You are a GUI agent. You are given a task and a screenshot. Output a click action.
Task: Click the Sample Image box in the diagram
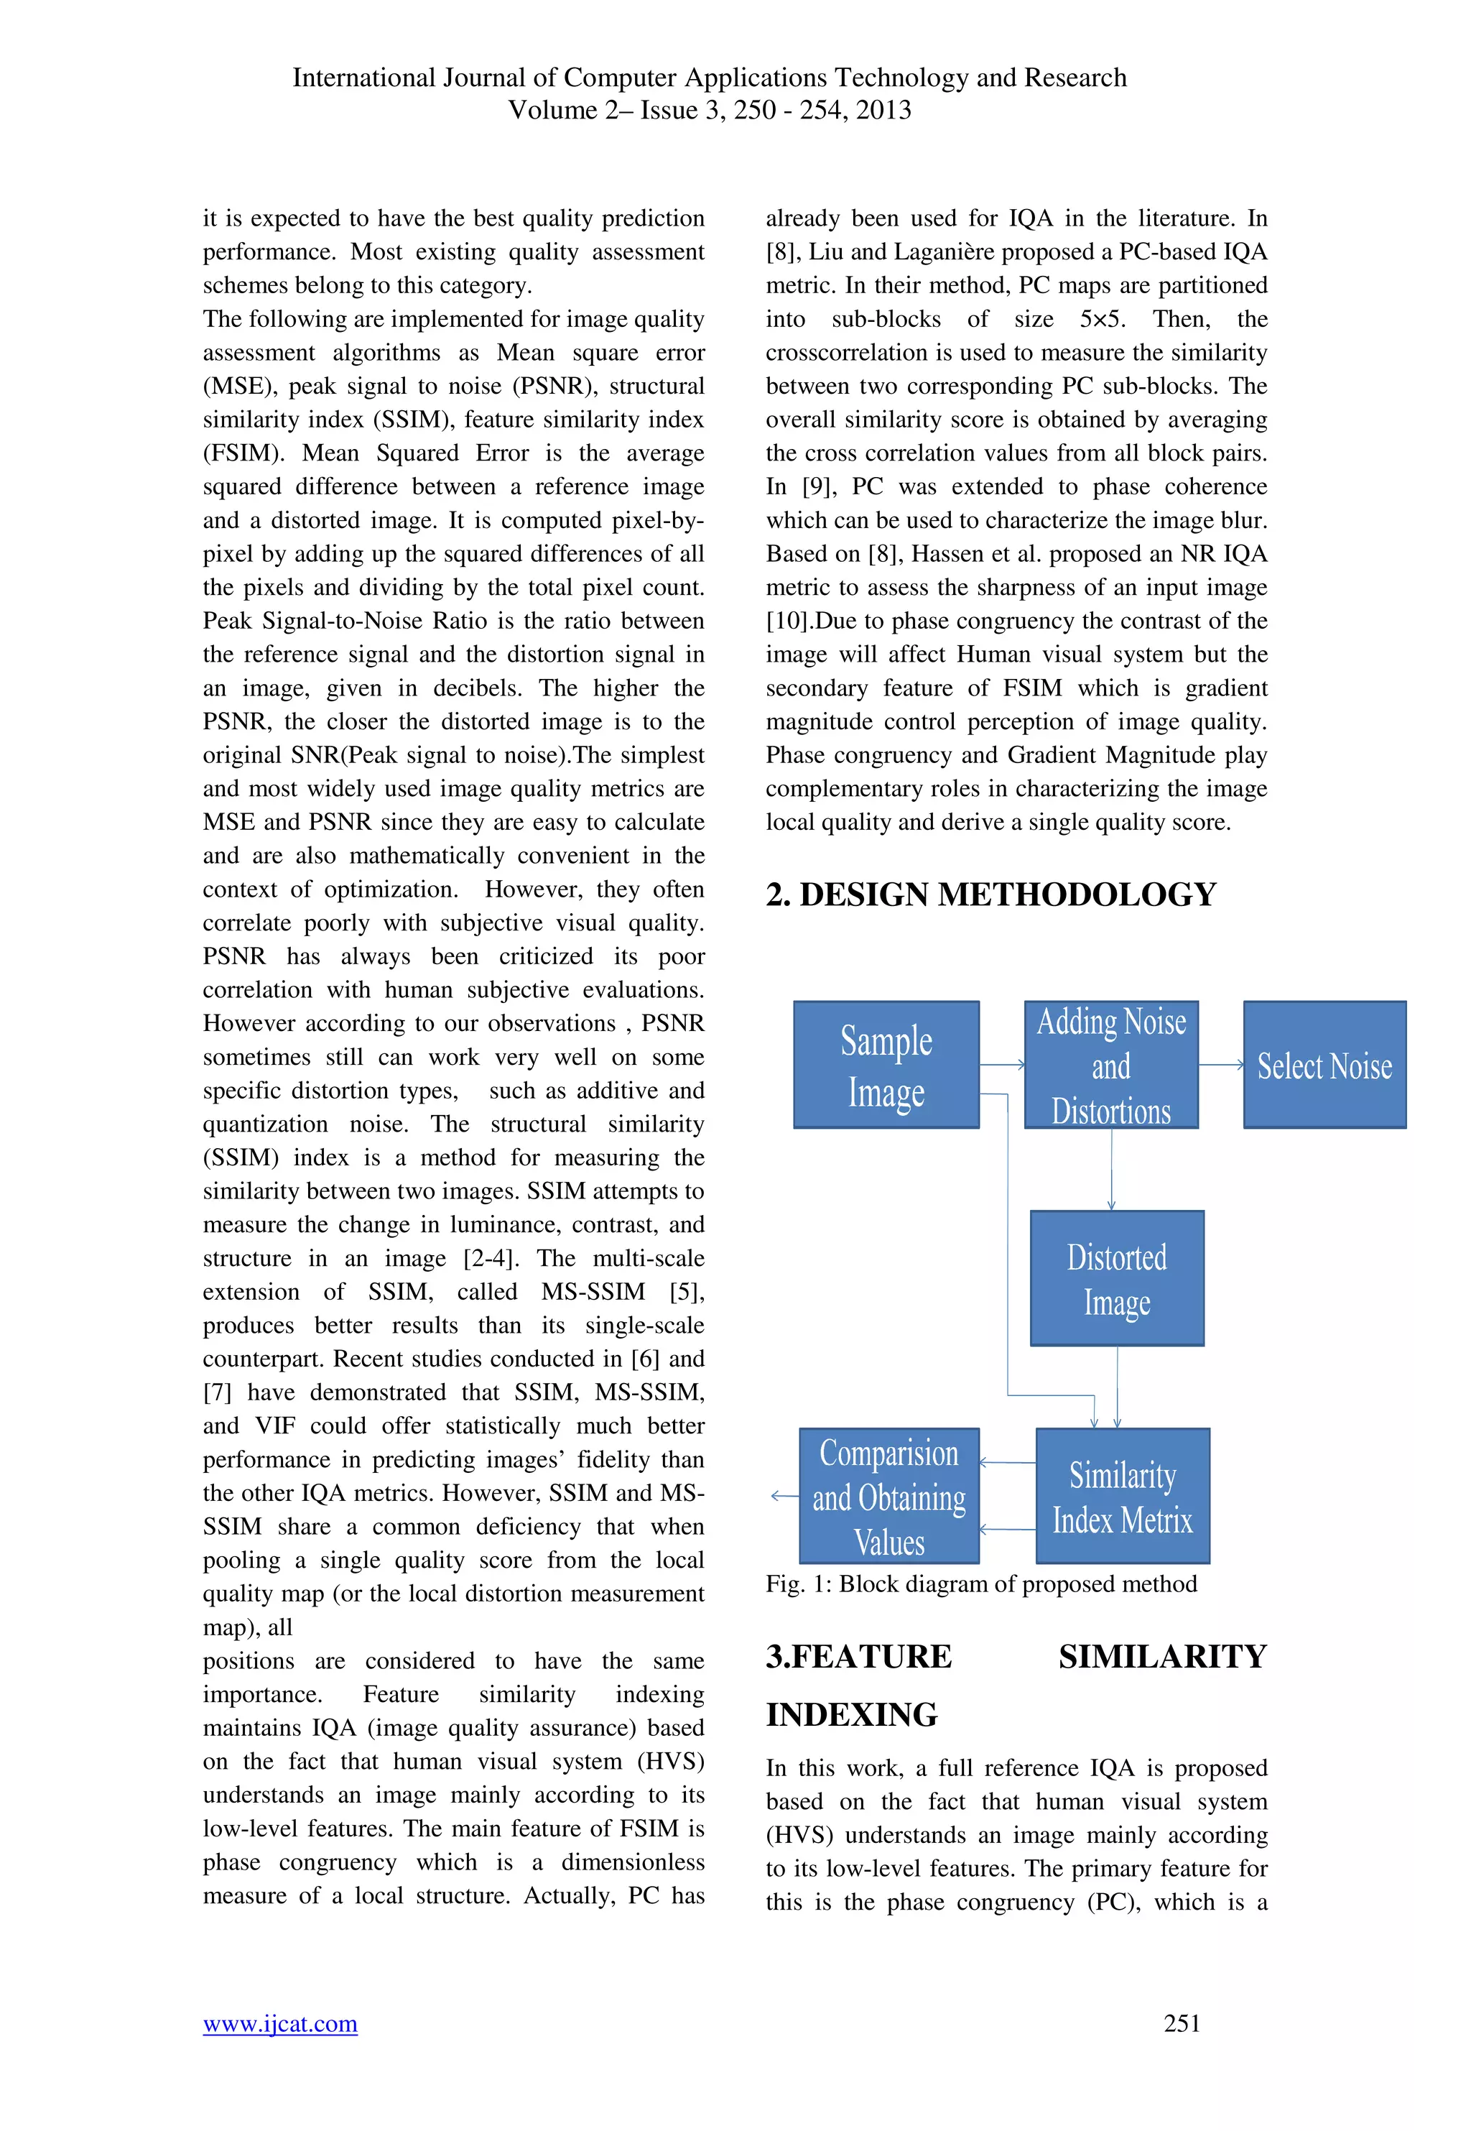click(886, 1065)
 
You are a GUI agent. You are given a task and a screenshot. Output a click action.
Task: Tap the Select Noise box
click(1324, 1065)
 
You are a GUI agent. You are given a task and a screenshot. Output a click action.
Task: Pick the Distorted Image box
click(1116, 1277)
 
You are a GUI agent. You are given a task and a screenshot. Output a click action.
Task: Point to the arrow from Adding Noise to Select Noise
click(1221, 1065)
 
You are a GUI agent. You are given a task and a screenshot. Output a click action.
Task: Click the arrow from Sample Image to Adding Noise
click(1002, 1065)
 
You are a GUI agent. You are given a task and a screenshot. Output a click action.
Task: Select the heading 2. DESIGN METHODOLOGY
click(990, 894)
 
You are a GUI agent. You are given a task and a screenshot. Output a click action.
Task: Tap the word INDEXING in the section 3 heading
click(852, 1714)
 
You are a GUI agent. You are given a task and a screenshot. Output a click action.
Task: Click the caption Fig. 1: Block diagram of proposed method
click(980, 1584)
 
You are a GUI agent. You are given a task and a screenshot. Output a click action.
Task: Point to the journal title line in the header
click(709, 78)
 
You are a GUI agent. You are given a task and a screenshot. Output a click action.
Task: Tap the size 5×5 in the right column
click(1100, 319)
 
